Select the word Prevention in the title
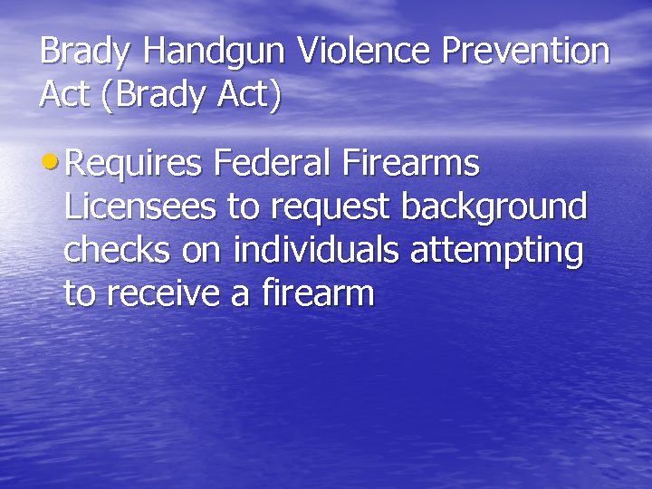coord(526,51)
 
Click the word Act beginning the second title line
coord(64,95)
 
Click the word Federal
coord(273,164)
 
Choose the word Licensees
coord(141,207)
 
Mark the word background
coord(494,207)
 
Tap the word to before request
coord(242,208)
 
